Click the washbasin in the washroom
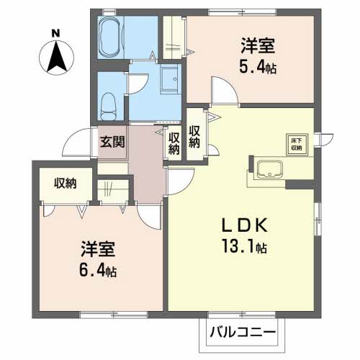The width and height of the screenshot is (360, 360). [x=171, y=77]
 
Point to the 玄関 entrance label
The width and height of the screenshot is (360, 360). [x=112, y=141]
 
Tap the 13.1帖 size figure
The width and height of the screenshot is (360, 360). [x=245, y=248]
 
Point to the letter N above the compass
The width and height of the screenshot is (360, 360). [x=56, y=32]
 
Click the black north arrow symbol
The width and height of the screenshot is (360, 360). [x=56, y=57]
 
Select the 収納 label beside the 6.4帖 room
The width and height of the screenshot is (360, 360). [x=65, y=183]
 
